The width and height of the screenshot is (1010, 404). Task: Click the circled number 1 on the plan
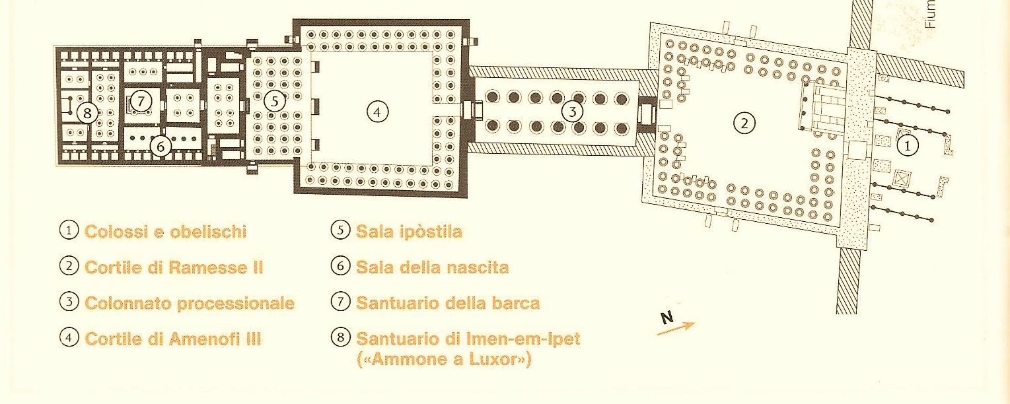click(907, 146)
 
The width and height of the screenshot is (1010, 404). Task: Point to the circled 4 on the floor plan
click(377, 112)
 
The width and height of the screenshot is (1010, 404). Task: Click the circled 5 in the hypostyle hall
click(275, 101)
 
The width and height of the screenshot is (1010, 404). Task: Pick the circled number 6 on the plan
click(161, 146)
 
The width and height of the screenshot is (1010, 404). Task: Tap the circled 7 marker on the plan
click(140, 101)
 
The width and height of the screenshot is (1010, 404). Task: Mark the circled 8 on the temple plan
click(87, 112)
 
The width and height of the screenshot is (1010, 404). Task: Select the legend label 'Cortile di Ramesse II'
click(174, 267)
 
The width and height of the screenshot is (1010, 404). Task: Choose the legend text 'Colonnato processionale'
click(190, 303)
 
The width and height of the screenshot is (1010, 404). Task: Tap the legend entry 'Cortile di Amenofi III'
click(173, 339)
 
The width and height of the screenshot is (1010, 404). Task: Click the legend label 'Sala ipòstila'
click(409, 232)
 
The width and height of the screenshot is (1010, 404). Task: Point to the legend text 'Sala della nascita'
click(432, 267)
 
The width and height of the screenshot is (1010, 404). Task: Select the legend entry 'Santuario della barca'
click(448, 303)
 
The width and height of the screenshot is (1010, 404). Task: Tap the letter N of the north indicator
click(667, 318)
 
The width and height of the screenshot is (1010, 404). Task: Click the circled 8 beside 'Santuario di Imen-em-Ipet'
click(340, 339)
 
